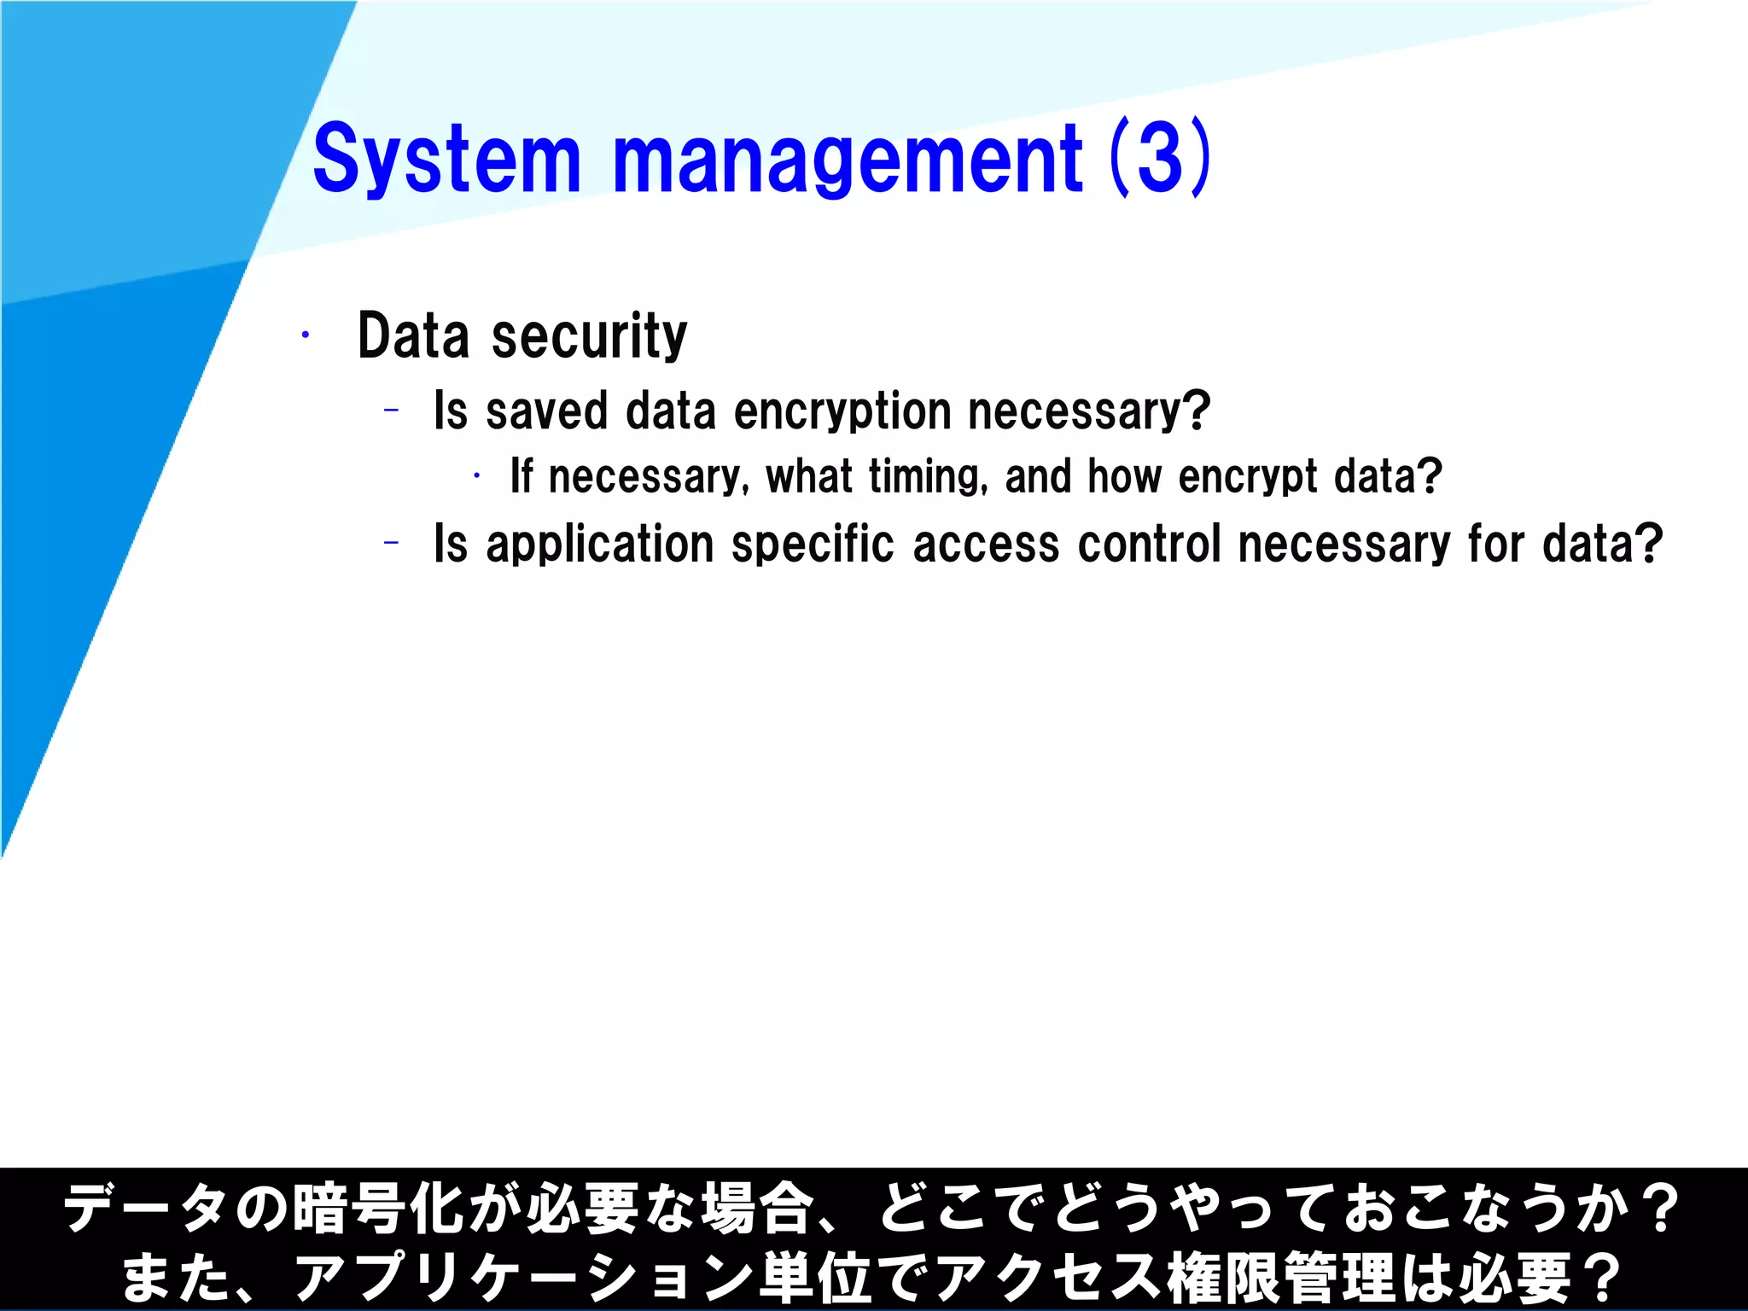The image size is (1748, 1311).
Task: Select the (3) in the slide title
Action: click(x=1161, y=158)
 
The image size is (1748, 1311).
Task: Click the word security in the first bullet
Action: click(x=589, y=335)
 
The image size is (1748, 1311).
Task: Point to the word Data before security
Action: click(x=413, y=335)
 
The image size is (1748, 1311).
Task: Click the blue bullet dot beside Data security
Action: click(x=305, y=335)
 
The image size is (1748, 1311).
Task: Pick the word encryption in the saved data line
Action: click(x=842, y=411)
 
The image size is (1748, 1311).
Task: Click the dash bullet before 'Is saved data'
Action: click(x=392, y=411)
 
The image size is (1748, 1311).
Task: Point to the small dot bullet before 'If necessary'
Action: click(x=477, y=475)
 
